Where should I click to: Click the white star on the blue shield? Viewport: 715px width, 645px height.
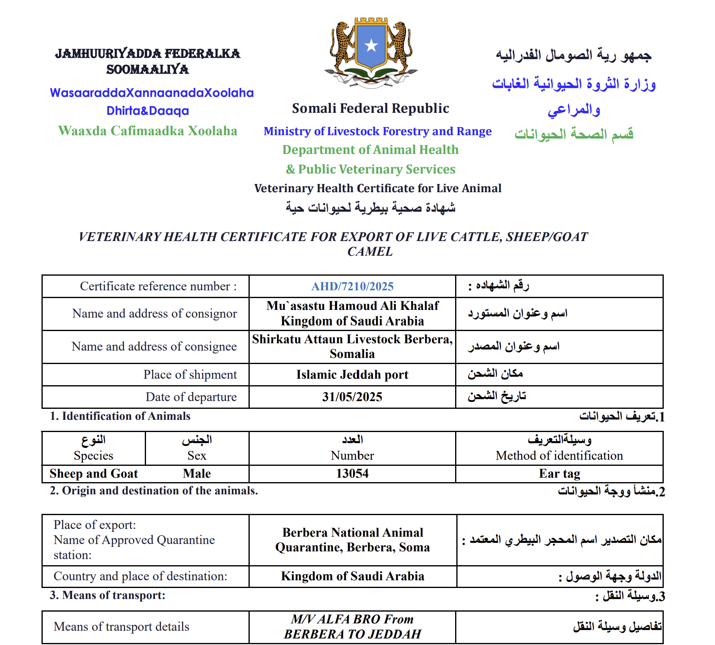click(371, 45)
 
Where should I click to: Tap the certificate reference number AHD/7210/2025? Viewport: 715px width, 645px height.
click(352, 286)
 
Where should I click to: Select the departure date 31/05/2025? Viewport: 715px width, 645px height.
click(352, 397)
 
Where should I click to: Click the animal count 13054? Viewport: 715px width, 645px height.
click(352, 474)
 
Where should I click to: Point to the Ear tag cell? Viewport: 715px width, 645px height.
click(559, 474)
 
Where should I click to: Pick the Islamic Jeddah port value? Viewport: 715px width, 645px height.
click(352, 374)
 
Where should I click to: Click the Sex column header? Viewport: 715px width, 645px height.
click(197, 455)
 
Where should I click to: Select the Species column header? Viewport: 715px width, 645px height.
click(94, 455)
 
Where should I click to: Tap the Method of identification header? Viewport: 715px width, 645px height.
click(559, 455)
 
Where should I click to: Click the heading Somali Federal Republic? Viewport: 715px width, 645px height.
click(371, 108)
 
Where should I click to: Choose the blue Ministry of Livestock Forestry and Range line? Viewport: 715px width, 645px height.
click(377, 131)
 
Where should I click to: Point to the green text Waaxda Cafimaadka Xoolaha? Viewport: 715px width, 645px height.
click(148, 131)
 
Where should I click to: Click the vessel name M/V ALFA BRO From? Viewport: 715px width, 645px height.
click(352, 619)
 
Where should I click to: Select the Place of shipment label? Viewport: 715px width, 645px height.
click(190, 374)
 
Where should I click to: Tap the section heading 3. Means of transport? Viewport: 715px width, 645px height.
click(108, 595)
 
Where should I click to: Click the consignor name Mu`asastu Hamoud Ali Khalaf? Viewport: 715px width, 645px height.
click(352, 306)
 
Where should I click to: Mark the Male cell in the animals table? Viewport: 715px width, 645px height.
click(197, 474)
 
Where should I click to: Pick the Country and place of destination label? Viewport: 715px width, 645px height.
click(140, 576)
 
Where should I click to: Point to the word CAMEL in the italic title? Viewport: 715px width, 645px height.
click(370, 252)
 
